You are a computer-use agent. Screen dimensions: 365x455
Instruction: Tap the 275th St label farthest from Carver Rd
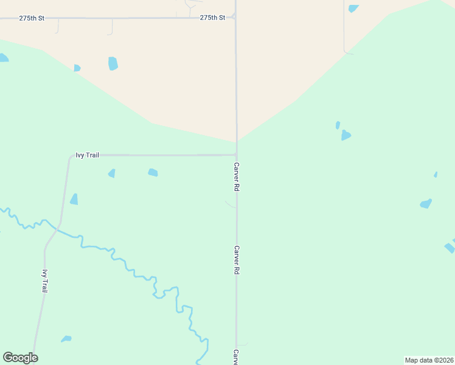pyautogui.click(x=32, y=18)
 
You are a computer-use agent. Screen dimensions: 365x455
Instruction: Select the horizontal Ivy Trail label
pyautogui.click(x=87, y=155)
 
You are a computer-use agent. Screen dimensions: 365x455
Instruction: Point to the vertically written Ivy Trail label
pyautogui.click(x=44, y=282)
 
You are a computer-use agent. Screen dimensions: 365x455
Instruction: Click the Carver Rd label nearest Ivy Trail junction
pyautogui.click(x=236, y=177)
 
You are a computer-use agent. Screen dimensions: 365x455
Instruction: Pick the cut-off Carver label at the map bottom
pyautogui.click(x=235, y=357)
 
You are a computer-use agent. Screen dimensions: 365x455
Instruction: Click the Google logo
pyautogui.click(x=20, y=358)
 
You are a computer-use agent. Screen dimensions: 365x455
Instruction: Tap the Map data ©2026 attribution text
pyautogui.click(x=429, y=360)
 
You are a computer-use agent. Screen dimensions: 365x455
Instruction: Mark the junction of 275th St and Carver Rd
pyautogui.click(x=236, y=18)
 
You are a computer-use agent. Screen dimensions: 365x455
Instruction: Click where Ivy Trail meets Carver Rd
pyautogui.click(x=236, y=155)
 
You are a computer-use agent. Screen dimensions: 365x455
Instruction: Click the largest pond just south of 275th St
pyautogui.click(x=113, y=63)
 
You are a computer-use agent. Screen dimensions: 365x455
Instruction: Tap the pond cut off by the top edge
pyautogui.click(x=353, y=8)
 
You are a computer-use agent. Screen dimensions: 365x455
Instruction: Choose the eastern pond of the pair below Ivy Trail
pyautogui.click(x=153, y=173)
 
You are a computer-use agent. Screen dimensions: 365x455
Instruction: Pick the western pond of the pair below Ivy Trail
pyautogui.click(x=112, y=173)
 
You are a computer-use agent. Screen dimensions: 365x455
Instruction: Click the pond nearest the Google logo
pyautogui.click(x=66, y=339)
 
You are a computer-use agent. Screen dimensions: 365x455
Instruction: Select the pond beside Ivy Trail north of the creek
pyautogui.click(x=74, y=200)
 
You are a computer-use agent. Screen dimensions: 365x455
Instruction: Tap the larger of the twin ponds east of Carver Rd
pyautogui.click(x=346, y=135)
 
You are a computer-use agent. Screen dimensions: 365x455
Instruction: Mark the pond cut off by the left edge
pyautogui.click(x=3, y=58)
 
